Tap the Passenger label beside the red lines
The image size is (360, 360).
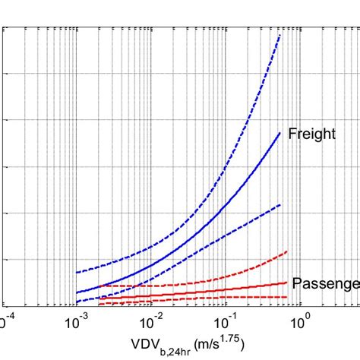(326, 283)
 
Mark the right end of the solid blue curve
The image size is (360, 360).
(280, 133)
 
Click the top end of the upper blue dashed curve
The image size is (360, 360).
(280, 34)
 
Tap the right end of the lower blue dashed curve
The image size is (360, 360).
(280, 205)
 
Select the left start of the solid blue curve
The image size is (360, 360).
(76, 292)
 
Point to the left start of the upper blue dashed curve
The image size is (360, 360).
(76, 273)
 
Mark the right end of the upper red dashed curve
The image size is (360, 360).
(286, 251)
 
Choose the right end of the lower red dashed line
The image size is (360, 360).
(286, 297)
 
